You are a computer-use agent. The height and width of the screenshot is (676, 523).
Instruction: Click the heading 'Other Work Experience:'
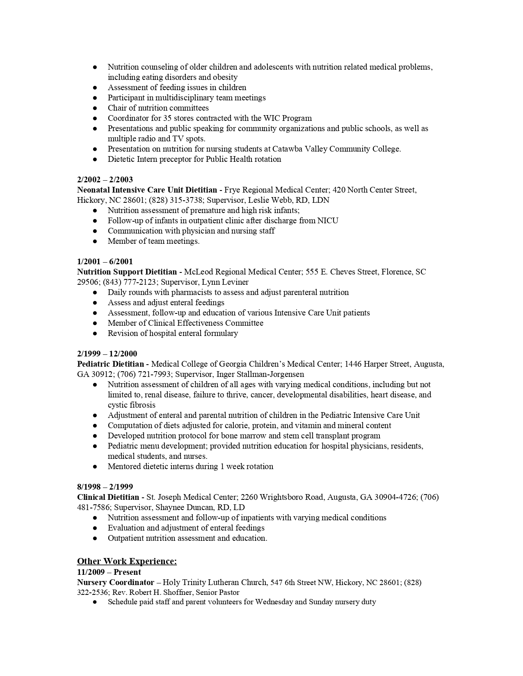click(x=127, y=561)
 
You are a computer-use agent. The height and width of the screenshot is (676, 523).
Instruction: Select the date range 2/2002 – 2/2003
click(x=105, y=179)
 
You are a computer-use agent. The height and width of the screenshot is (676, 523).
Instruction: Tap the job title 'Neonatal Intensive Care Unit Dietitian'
click(x=147, y=190)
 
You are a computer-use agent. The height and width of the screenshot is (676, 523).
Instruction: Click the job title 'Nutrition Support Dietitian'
click(x=127, y=272)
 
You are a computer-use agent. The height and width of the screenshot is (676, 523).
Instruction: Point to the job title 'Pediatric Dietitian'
click(x=111, y=364)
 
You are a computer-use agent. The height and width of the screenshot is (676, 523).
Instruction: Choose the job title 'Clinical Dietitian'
click(x=108, y=497)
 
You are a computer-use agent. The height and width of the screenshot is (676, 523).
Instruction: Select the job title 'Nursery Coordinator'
click(x=116, y=582)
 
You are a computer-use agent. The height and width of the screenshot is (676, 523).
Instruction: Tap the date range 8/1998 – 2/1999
click(x=105, y=487)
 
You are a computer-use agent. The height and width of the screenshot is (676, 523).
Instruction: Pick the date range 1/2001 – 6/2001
click(x=105, y=261)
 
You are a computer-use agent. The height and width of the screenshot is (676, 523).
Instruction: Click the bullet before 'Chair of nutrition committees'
click(x=95, y=108)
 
